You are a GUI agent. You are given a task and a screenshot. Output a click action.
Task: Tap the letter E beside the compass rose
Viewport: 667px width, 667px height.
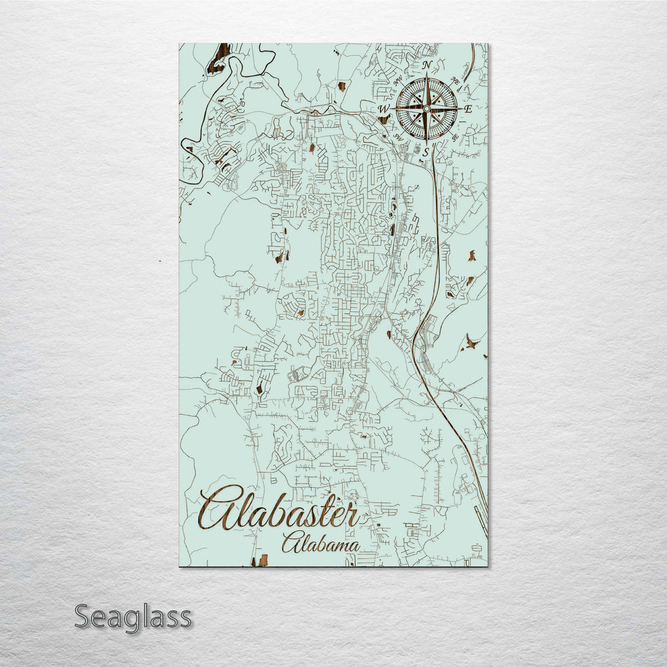point(468,109)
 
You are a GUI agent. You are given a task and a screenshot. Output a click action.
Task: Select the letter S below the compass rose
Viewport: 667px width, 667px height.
point(426,151)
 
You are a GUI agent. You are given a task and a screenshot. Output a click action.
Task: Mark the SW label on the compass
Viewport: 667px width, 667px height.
point(398,138)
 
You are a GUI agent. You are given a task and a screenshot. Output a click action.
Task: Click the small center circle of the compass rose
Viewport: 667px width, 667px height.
point(426,109)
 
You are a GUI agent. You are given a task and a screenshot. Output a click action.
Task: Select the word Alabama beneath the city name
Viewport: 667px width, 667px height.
point(321,543)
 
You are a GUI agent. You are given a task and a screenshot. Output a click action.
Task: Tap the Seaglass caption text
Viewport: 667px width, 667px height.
point(133,617)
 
